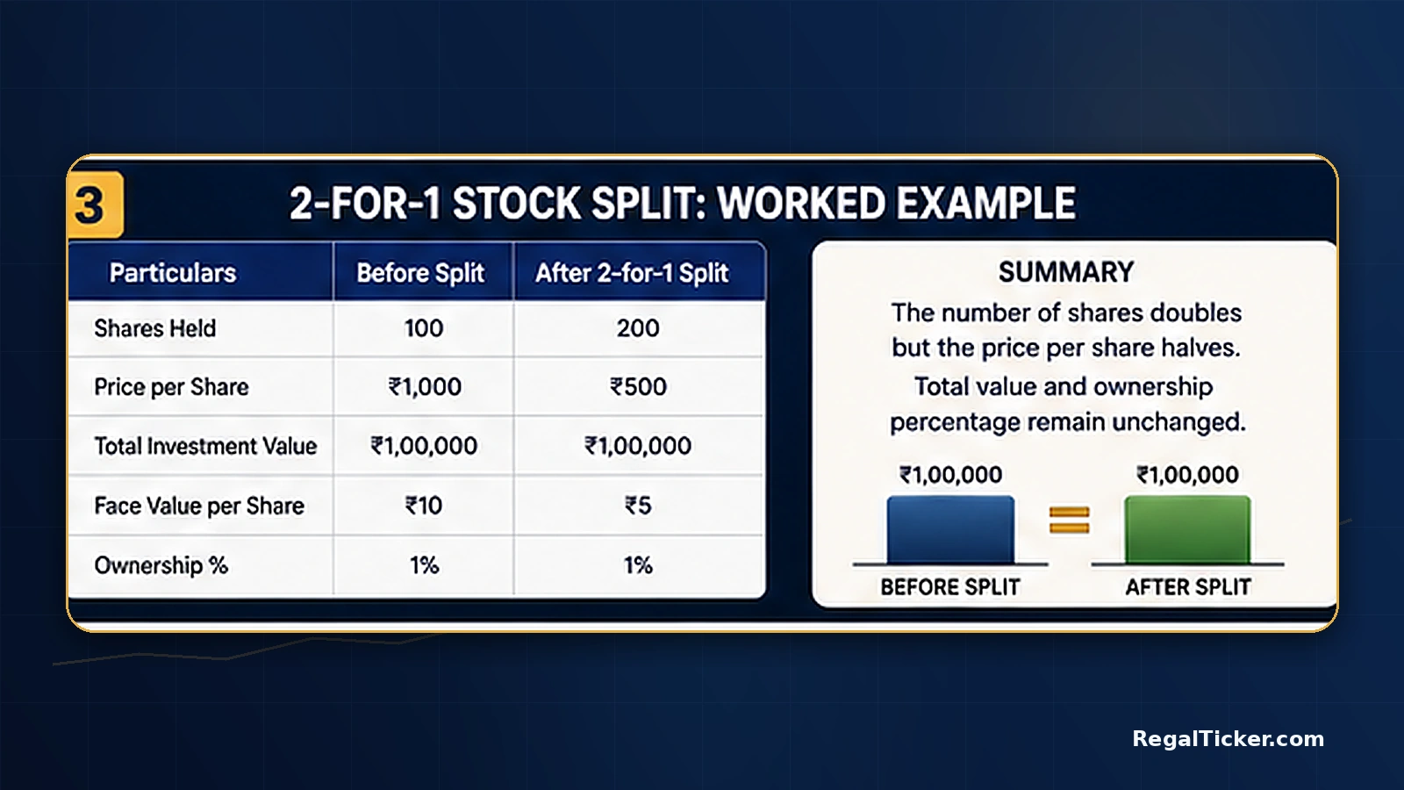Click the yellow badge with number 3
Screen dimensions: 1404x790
click(x=96, y=205)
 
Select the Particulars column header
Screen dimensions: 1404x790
click(x=172, y=273)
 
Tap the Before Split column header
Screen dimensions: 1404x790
click(x=420, y=273)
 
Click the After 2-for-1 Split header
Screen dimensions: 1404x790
click(x=632, y=273)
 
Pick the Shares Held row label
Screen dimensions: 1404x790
click(x=154, y=328)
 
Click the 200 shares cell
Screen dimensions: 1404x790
click(x=638, y=328)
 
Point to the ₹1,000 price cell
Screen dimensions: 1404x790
click(x=425, y=387)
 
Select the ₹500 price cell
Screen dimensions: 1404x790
click(x=638, y=387)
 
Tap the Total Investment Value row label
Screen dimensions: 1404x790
click(x=205, y=446)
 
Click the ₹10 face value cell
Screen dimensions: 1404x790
click(x=424, y=506)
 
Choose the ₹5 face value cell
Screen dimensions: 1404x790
click(x=638, y=506)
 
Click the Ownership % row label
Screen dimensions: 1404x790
click(x=161, y=565)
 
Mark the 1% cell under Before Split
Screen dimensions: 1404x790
click(x=425, y=565)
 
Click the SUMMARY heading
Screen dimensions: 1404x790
click(x=1066, y=272)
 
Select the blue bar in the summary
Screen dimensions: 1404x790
click(x=950, y=530)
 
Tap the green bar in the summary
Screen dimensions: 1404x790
click(x=1188, y=530)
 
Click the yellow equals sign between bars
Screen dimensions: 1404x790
click(x=1070, y=521)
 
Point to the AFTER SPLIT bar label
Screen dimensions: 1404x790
click(x=1188, y=587)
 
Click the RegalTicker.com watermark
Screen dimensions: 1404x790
click(x=1228, y=738)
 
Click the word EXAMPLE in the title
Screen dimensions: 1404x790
click(x=986, y=203)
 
